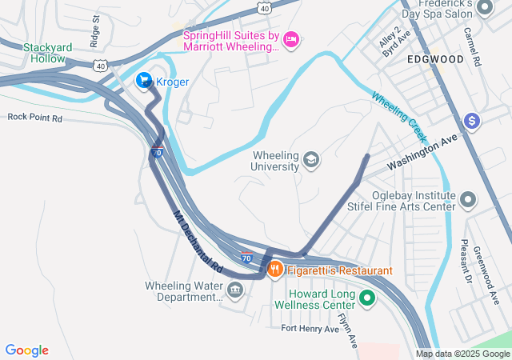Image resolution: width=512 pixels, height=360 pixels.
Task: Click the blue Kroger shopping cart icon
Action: [x=144, y=80]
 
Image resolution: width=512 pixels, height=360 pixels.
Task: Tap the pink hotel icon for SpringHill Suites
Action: [x=291, y=38]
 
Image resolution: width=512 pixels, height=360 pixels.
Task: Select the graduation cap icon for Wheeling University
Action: [x=310, y=162]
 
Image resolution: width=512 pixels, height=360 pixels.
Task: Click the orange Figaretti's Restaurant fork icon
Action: [x=275, y=270]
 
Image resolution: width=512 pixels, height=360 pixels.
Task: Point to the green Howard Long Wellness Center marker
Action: [x=367, y=299]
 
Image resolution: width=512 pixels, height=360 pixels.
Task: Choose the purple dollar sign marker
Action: [x=473, y=121]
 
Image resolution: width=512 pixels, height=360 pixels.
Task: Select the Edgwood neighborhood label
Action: [x=435, y=59]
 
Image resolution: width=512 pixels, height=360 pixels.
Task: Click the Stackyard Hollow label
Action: [x=48, y=53]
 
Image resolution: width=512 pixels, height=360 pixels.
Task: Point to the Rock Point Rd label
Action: [x=34, y=117]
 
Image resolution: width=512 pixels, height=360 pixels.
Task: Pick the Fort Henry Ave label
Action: [x=310, y=329]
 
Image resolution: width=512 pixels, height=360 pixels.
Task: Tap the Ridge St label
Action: [x=96, y=30]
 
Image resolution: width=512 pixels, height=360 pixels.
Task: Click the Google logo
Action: [x=27, y=350]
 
